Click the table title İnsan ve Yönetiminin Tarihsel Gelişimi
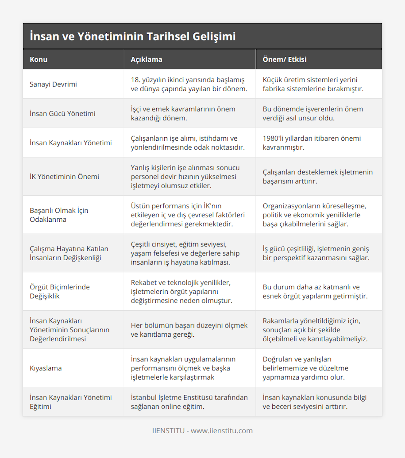coord(133,36)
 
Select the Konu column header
coord(38,59)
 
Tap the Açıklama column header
coord(146,59)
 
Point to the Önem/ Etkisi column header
coord(285,59)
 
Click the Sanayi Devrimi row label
coord(53,84)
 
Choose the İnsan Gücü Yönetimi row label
coord(62,114)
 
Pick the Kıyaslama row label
coord(46,368)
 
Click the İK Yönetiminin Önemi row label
coord(64,176)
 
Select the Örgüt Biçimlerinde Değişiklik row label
coord(60,291)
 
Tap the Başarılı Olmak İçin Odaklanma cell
coord(59,215)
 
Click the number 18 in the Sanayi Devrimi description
coord(135,80)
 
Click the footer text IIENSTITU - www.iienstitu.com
coord(202,431)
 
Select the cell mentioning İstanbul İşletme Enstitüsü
coord(189,402)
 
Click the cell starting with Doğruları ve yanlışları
coord(305,368)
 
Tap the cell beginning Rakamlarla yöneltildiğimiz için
coord(315,330)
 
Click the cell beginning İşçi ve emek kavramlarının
coord(183,114)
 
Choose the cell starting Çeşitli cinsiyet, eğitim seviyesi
coord(185,253)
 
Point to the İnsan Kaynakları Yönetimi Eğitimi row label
coord(71,402)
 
